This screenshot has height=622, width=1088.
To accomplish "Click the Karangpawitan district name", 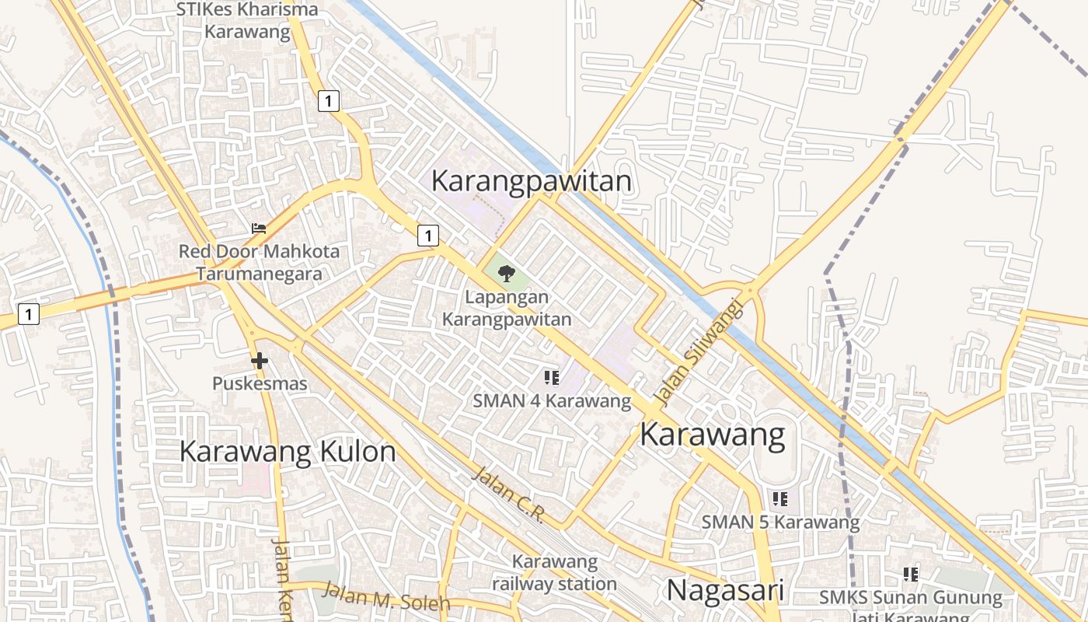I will pos(531,181).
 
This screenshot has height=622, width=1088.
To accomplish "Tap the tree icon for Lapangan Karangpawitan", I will pos(507,273).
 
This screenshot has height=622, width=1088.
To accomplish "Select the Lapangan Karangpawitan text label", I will pos(507,308).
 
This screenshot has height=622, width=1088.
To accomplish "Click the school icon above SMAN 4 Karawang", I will pos(552,379).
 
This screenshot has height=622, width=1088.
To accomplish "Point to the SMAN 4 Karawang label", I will pos(552,401).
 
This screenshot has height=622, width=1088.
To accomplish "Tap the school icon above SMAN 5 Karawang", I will pos(780,498).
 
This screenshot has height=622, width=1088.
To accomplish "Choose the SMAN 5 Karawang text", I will pos(780,522).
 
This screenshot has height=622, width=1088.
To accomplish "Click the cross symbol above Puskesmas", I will pos(260,361).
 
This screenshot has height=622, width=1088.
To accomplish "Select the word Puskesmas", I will pos(260,383).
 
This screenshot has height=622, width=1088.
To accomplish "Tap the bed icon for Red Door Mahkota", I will pos(259,229).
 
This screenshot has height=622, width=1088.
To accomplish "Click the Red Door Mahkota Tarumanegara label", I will pos(259,263).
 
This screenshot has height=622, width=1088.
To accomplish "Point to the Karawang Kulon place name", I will pos(288,452).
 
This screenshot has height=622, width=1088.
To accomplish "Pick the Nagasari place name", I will pos(724,590).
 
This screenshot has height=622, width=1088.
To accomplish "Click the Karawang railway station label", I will pos(554,572).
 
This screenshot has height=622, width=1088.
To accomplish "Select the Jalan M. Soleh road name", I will pos(386,596).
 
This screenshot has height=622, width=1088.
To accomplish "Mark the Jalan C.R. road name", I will pos(509,494).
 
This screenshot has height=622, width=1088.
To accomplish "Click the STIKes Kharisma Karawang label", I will pos(247,20).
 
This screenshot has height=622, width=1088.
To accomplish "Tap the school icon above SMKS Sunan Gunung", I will pos(911,575).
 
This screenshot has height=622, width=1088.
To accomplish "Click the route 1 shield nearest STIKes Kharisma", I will pos(329,100).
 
